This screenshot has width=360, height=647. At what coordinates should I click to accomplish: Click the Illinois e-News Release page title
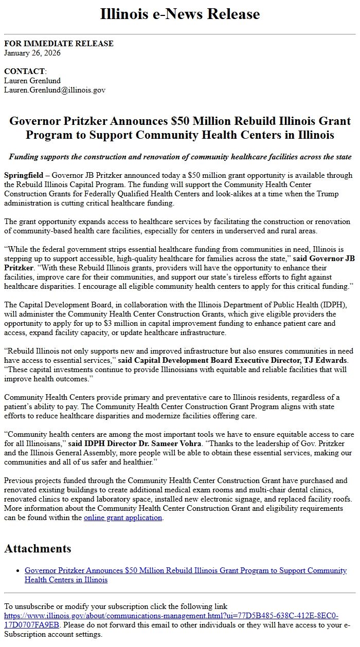(180, 14)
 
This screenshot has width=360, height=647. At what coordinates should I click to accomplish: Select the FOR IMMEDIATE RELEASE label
(59, 44)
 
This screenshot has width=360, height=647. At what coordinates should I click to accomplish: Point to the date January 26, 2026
(32, 53)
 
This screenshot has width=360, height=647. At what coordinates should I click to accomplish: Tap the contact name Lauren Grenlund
(32, 81)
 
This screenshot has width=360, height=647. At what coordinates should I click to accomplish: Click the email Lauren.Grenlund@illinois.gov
(55, 90)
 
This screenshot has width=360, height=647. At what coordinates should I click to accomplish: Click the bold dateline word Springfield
(24, 176)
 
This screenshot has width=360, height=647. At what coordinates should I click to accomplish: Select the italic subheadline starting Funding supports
(180, 157)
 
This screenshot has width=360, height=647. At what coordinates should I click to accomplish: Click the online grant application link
(123, 517)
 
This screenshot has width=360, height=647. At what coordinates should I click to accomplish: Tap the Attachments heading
(38, 549)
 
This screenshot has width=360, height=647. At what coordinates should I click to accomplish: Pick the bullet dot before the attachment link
(18, 571)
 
